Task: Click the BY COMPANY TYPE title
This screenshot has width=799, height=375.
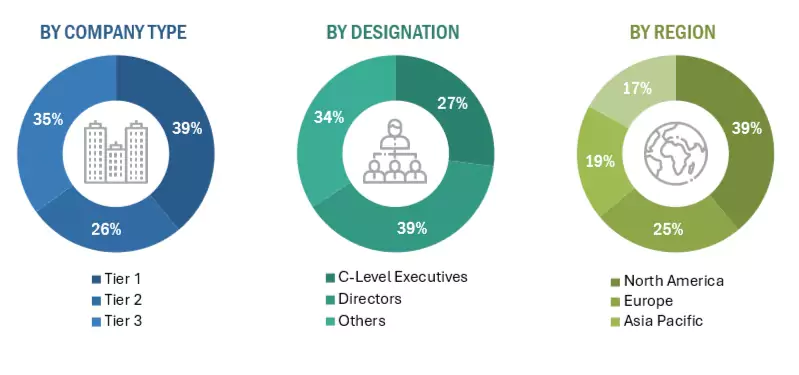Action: point(113,32)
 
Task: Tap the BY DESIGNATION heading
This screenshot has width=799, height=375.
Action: point(393,32)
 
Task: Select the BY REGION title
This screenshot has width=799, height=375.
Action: point(672,32)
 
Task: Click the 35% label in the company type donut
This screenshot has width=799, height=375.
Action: point(47,119)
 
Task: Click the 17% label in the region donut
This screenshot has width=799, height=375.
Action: point(637,88)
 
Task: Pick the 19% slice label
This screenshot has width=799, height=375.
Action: point(599,160)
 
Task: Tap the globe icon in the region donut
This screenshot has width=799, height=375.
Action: point(675,153)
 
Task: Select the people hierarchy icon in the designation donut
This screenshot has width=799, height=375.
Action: point(395,152)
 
